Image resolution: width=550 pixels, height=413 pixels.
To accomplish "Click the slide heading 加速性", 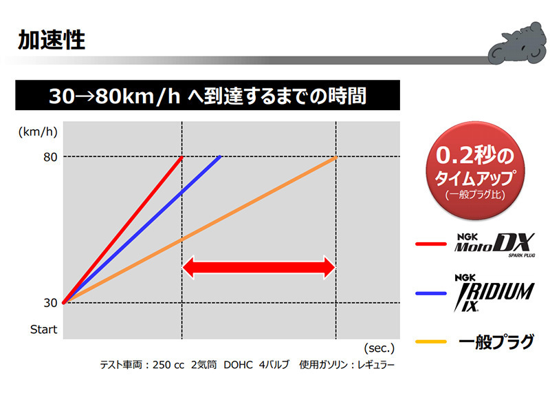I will [x=52, y=39].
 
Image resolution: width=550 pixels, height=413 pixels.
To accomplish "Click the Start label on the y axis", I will [x=43, y=329].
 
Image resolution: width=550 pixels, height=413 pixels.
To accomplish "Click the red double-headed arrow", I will [x=258, y=267].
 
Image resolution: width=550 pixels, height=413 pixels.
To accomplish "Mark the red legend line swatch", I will [x=432, y=244].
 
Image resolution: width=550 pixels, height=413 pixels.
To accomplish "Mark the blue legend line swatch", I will [x=432, y=293].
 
